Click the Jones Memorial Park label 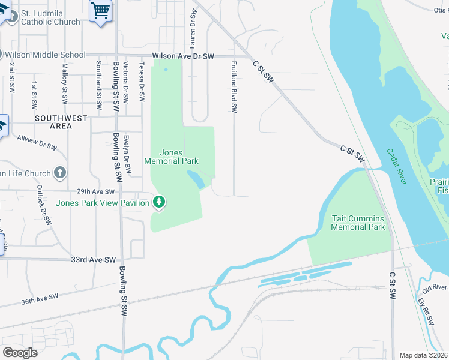coord(171,157)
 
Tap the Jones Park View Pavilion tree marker coord(159,203)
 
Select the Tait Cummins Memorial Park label coord(358,223)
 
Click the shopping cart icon coord(100,10)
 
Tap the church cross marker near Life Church coord(60,173)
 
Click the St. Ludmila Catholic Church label coord(50,17)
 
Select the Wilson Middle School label coord(45,55)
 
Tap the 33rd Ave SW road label coord(93,260)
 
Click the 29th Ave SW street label coord(95,191)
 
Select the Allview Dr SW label coord(37,142)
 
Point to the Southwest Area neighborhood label coord(61,122)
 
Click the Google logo coord(20,353)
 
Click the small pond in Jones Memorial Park coord(196,178)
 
